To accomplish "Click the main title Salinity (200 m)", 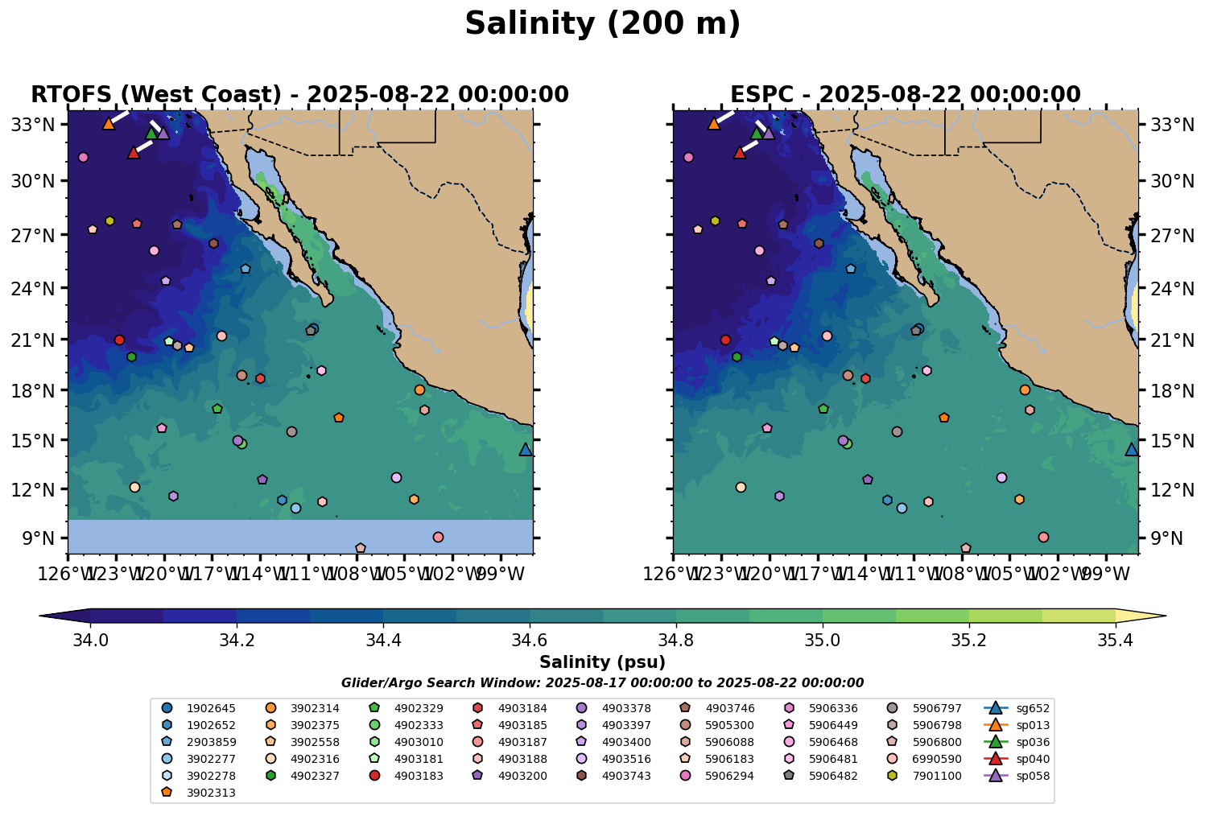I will [x=602, y=24].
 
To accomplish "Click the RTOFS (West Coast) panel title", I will [x=299, y=94].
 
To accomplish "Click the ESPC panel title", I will [x=905, y=94].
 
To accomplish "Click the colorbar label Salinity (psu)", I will [x=602, y=662].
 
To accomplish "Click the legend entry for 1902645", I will [x=201, y=708].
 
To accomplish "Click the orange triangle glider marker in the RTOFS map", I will [x=109, y=123].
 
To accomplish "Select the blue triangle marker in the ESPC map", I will [x=1131, y=449].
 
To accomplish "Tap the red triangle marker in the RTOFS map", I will [x=134, y=152].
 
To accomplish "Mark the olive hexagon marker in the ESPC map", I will [x=715, y=220].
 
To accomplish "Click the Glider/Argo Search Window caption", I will [x=602, y=682].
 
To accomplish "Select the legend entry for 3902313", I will [x=201, y=793].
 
